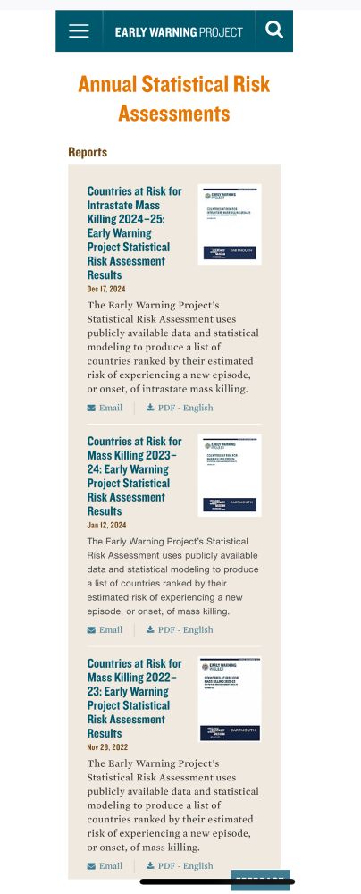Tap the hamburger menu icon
point(79,31)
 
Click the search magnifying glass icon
point(274,30)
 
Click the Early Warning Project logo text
point(179,32)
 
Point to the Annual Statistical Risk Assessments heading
point(174,99)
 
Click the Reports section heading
point(88,152)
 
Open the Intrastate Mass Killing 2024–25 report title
point(134,232)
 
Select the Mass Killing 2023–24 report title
point(134,476)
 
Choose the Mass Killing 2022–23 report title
point(134,698)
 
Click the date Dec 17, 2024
point(105,289)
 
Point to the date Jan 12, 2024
point(105,525)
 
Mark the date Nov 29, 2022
point(106,746)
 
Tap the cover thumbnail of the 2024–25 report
point(230,224)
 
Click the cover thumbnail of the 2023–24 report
point(230,476)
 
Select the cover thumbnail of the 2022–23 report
point(230,698)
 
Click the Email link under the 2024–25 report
point(105,408)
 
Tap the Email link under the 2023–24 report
point(105,629)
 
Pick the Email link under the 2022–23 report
point(105,865)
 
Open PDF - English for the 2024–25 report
point(180,408)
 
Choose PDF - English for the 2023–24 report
point(180,629)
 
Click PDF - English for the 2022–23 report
point(180,865)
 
